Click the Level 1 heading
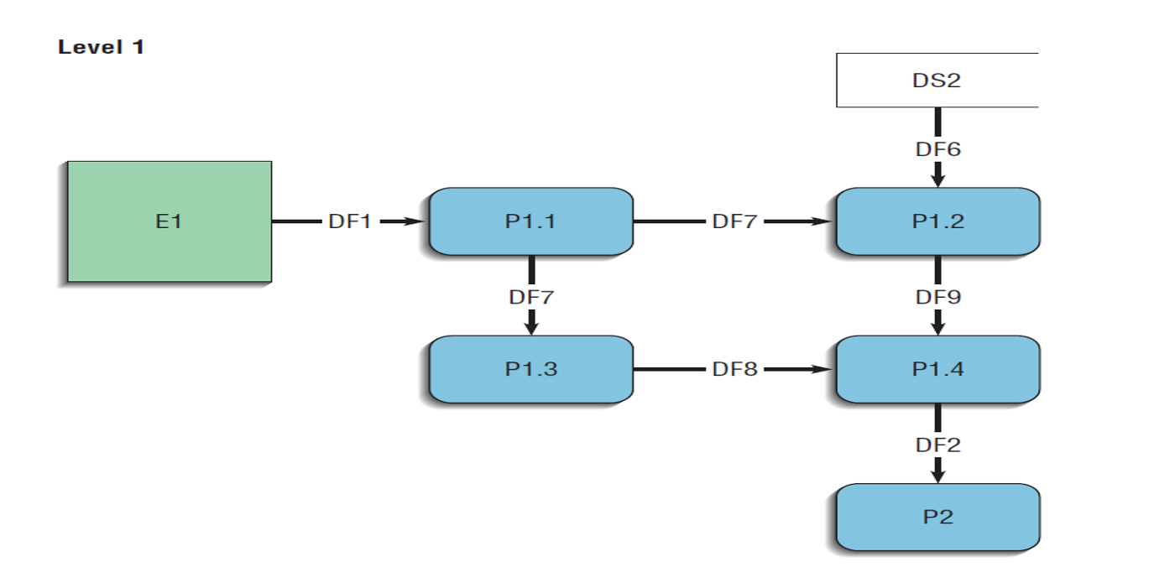click(x=101, y=48)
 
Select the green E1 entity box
click(x=170, y=222)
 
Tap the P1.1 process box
click(x=530, y=221)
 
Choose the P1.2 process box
click(x=937, y=221)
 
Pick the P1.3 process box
click(x=530, y=369)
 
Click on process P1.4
click(x=937, y=369)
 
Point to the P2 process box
click(x=937, y=517)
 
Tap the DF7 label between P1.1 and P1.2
click(x=734, y=222)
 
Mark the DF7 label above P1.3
click(x=530, y=297)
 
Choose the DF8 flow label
click(x=734, y=369)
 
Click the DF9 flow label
click(x=937, y=297)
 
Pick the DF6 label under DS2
click(x=937, y=149)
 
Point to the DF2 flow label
click(x=937, y=445)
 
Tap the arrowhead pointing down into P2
click(x=937, y=475)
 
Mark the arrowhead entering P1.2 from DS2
click(x=937, y=179)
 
